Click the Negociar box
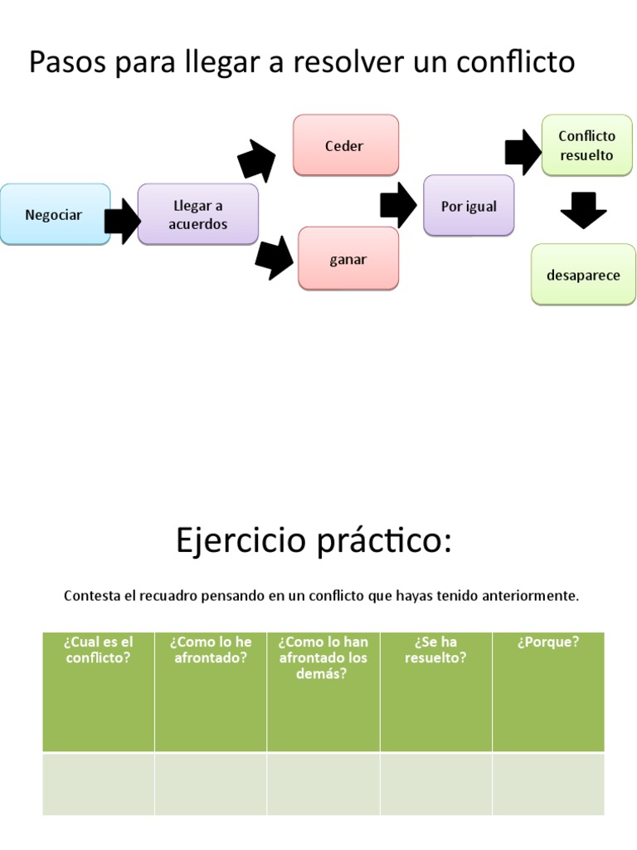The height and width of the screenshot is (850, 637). [55, 215]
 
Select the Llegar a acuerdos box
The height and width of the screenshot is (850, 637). [198, 215]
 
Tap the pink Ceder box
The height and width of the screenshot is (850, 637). [345, 146]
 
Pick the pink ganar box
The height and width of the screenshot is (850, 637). [348, 259]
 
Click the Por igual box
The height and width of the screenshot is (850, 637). [469, 206]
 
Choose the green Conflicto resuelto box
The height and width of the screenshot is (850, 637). [586, 146]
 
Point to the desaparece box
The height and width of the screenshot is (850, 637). [583, 276]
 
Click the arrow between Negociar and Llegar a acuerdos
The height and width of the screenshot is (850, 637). [123, 221]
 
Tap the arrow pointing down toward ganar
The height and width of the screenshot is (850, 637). [275, 258]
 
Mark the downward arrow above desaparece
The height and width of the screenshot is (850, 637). [583, 210]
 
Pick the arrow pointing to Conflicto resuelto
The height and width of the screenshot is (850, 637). [522, 152]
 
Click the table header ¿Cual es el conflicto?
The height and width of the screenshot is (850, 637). [98, 650]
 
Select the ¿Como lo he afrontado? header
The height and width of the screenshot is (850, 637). [211, 650]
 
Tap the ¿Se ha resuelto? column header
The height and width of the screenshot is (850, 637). [435, 650]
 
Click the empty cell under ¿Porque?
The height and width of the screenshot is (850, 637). [547, 784]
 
